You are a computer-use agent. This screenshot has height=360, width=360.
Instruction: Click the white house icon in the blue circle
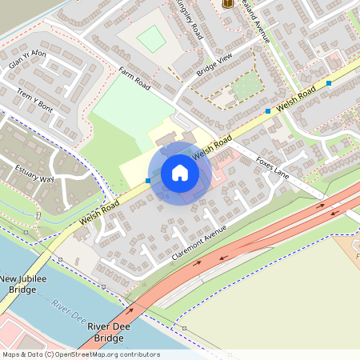pos(180,173)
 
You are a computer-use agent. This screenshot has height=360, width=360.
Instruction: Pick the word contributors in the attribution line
pos(137,354)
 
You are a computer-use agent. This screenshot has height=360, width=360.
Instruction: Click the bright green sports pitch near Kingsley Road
pos(150,38)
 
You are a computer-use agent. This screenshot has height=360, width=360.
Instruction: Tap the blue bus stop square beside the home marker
pos(148,181)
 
